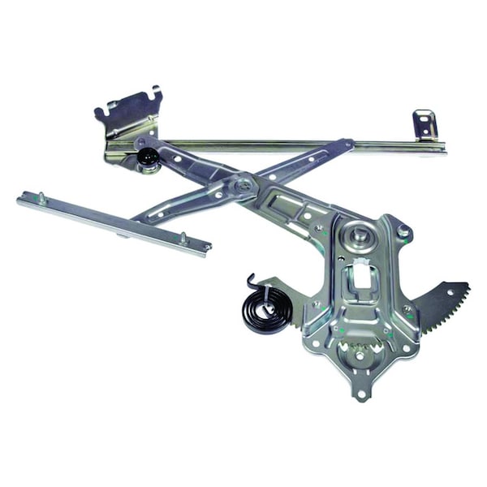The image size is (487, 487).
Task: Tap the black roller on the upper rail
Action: click(147, 157)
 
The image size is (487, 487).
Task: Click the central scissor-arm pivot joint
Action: click(240, 185)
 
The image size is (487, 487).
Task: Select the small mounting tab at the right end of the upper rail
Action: click(424, 125)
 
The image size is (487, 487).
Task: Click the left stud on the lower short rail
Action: click(41, 197)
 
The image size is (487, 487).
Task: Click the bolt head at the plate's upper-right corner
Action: click(403, 231)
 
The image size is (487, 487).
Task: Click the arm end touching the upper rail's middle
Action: click(345, 147)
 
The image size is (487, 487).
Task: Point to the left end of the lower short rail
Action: click(21, 197)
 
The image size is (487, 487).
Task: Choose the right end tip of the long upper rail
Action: click(443, 148)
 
